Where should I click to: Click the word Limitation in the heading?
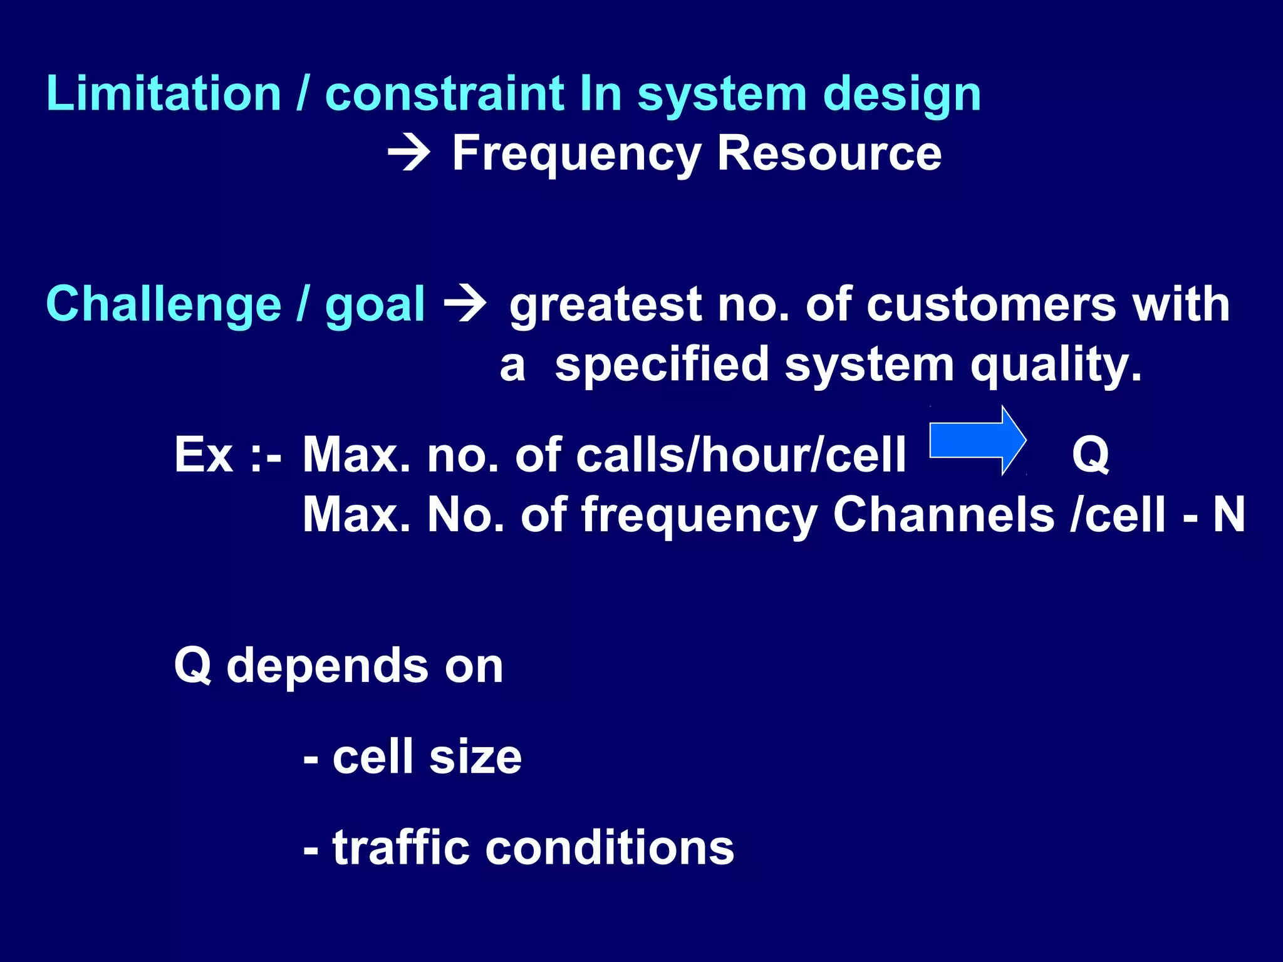tap(164, 94)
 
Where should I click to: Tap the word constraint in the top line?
tap(445, 94)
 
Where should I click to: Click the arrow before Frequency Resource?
tap(409, 153)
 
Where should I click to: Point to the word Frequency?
tap(576, 154)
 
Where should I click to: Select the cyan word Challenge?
tap(164, 305)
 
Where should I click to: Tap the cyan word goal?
tap(375, 306)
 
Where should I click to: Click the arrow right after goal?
tap(464, 304)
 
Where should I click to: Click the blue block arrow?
tap(977, 440)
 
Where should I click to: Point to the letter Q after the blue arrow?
tap(1091, 455)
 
